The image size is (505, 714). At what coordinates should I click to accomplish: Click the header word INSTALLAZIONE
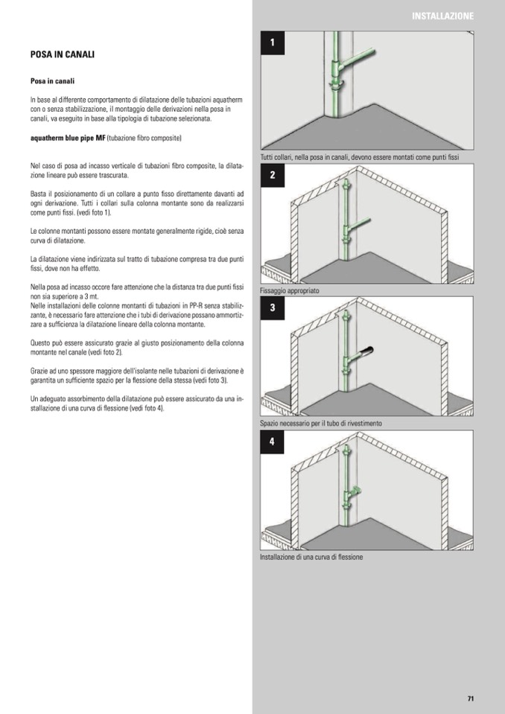442,16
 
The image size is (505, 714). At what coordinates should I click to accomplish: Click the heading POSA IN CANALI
62,55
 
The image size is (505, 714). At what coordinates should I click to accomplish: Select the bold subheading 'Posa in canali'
52,80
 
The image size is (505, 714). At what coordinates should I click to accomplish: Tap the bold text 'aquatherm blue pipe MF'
68,138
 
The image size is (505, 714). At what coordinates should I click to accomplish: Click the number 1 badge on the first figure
273,43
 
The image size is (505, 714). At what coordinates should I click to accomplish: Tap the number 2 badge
273,176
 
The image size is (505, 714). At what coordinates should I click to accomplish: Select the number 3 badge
273,307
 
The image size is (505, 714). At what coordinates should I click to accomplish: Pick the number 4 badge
273,442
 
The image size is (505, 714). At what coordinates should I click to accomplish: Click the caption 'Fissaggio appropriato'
290,291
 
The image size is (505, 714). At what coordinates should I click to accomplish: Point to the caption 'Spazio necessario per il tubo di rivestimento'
321,424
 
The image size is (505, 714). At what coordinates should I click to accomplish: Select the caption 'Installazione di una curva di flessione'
311,557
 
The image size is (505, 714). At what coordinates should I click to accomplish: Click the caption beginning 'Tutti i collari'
360,157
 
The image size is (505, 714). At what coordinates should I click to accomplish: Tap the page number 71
471,698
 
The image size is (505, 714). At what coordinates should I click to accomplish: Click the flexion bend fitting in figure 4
355,491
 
